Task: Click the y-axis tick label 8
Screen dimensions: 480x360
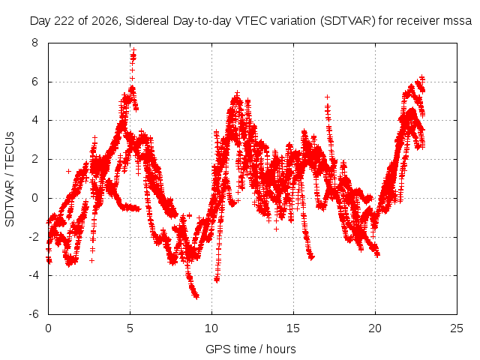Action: [35, 43]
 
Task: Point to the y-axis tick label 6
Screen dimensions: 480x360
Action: [35, 82]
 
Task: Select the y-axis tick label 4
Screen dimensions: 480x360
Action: [35, 120]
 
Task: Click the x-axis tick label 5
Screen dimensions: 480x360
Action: [130, 328]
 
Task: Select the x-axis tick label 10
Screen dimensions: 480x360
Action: [211, 328]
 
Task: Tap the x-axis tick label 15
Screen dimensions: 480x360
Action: [293, 328]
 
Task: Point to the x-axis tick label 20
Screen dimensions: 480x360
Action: [375, 328]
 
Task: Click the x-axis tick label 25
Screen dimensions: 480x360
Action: [457, 328]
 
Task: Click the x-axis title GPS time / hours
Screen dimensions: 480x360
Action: [250, 349]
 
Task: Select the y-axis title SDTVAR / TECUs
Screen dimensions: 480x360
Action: [10, 179]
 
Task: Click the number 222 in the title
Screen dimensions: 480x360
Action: [64, 21]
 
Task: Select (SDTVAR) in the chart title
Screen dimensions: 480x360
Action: [348, 22]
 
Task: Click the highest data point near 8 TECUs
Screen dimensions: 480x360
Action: [133, 49]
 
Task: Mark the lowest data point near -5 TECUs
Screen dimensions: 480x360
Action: [196, 296]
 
